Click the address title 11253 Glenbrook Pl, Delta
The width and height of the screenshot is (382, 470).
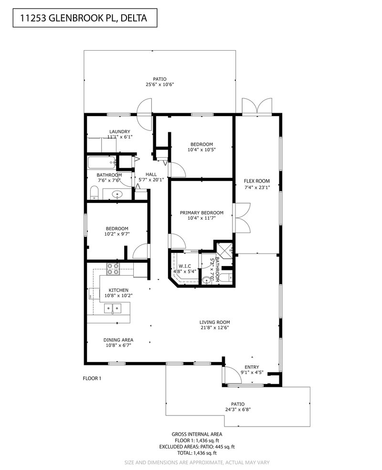point(83,19)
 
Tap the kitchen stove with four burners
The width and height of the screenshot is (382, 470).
point(113,269)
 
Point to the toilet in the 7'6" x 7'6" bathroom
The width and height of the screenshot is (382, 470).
point(94,192)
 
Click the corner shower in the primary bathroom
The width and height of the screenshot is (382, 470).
point(223,249)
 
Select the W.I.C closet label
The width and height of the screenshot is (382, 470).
point(185,266)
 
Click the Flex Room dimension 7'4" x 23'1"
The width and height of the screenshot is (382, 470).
point(257,188)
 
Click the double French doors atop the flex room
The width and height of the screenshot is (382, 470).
point(257,106)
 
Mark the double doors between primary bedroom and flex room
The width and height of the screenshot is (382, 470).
point(242,217)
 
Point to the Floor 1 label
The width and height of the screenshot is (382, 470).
point(93,378)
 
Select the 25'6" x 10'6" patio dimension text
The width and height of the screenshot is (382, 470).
point(159,85)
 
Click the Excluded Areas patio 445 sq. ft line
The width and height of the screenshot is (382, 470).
point(197,446)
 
